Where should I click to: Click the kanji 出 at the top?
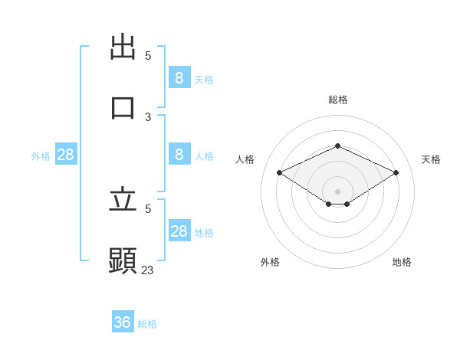(x=123, y=47)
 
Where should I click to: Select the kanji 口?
(x=123, y=107)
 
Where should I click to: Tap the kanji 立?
(x=123, y=200)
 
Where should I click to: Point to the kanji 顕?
(x=123, y=260)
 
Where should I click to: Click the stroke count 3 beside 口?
(x=148, y=117)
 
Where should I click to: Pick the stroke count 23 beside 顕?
(x=148, y=270)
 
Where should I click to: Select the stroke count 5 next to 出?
(x=148, y=56)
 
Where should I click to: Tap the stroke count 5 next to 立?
(x=148, y=208)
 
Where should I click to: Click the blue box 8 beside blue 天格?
(x=179, y=77)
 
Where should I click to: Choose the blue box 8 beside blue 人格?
(x=179, y=154)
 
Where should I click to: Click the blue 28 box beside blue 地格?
(x=179, y=231)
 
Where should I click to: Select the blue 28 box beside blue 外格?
(x=65, y=155)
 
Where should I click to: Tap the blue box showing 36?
(x=123, y=322)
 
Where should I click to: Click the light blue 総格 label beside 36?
(x=147, y=324)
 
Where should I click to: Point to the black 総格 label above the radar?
(x=337, y=100)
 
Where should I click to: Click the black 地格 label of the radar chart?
(x=402, y=262)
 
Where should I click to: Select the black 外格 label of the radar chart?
(x=270, y=262)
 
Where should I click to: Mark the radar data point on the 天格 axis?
(x=396, y=173)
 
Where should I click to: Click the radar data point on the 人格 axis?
(x=280, y=173)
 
